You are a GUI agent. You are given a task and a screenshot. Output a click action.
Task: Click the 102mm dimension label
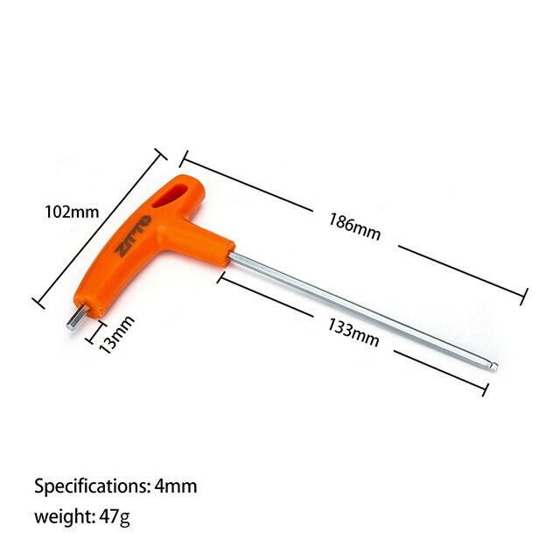(x=72, y=212)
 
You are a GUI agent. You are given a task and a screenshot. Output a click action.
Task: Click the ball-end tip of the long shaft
(x=493, y=367)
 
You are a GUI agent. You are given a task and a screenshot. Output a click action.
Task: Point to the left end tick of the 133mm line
(x=221, y=277)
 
